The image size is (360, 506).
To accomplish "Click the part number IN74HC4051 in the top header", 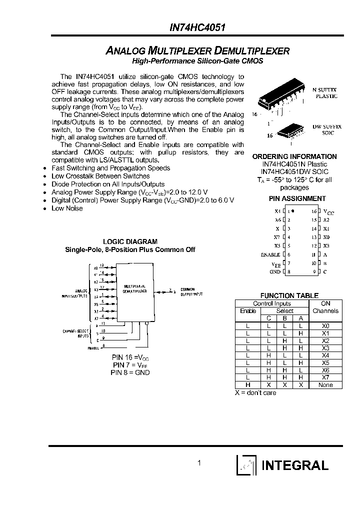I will click(197, 29).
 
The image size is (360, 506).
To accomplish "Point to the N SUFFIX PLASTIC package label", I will click(325, 92).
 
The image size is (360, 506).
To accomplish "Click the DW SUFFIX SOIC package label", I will click(327, 130).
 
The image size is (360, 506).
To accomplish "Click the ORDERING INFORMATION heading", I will click(294, 156).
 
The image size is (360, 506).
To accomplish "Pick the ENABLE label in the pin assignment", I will click(270, 254).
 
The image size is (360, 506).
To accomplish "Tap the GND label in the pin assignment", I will click(275, 271).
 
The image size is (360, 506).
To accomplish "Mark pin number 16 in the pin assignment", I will click(313, 211).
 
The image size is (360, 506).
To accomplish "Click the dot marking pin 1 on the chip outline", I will click(293, 211).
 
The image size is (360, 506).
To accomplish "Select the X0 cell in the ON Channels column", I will click(325, 325).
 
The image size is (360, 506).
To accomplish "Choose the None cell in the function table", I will click(325, 385).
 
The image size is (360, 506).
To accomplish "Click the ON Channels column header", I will click(325, 307).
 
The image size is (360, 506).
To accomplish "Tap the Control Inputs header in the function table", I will click(272, 303).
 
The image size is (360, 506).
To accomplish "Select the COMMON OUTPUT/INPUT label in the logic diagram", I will click(192, 291).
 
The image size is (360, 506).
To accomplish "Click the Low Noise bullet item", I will click(67, 208).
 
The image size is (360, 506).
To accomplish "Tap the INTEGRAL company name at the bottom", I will click(295, 465).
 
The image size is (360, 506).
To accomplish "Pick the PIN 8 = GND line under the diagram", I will click(130, 372).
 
